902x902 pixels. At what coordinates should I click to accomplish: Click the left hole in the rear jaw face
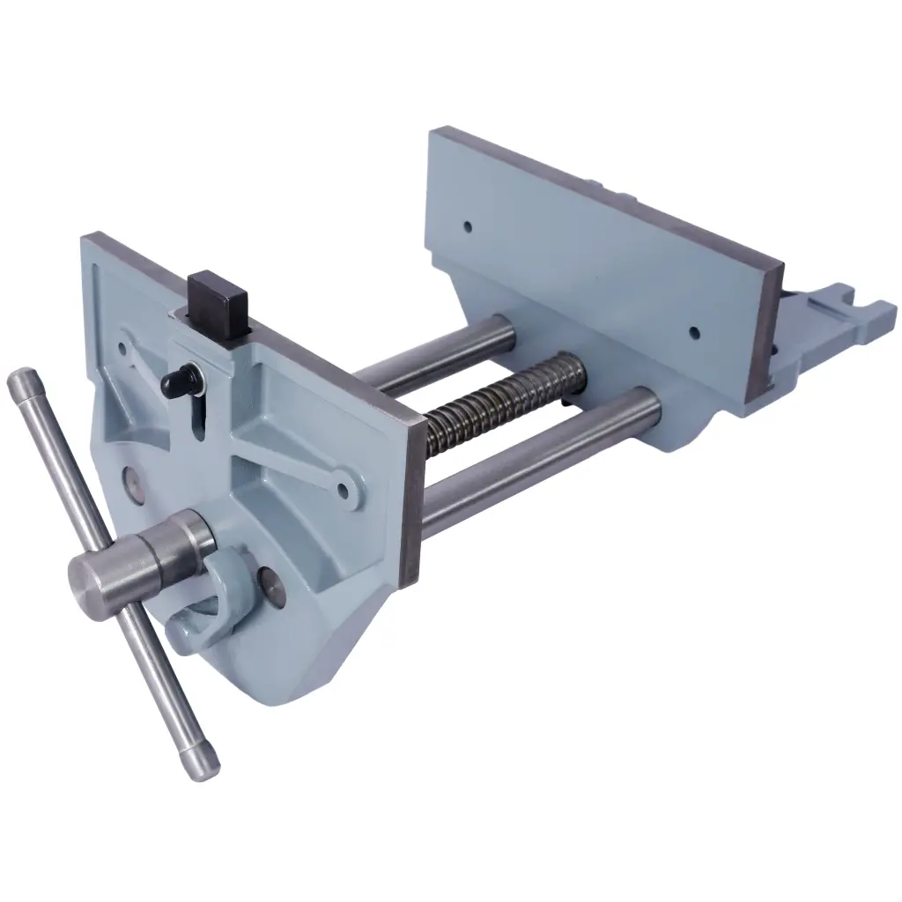[x=468, y=226]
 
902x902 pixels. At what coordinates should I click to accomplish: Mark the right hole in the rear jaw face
[x=694, y=333]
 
